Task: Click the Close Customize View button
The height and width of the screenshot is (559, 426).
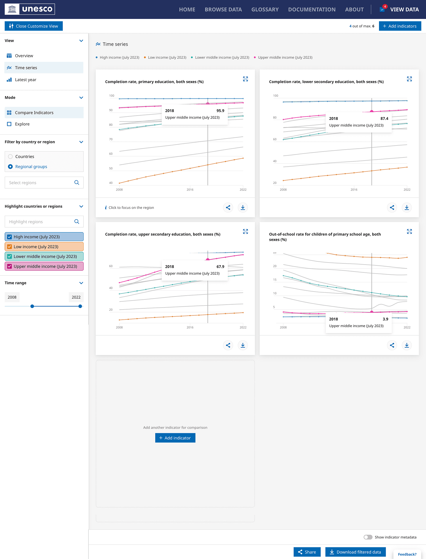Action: coord(34,26)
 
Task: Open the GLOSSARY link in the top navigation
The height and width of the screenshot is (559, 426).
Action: coord(265,10)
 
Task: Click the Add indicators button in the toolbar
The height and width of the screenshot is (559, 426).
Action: coord(400,26)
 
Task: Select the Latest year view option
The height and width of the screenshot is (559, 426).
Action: coord(26,80)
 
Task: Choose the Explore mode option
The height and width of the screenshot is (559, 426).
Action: coord(22,124)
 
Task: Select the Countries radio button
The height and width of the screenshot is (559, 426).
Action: coord(10,157)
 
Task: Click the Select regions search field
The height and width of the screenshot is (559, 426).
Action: coord(41,183)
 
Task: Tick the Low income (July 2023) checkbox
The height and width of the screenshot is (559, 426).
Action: coord(10,247)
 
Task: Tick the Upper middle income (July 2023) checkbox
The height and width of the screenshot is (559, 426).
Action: coord(10,266)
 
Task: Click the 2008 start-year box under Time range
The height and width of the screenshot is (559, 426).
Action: coord(12,297)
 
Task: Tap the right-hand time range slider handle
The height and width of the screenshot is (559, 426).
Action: coord(80,306)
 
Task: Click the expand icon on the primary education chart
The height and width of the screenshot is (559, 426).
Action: coord(246,79)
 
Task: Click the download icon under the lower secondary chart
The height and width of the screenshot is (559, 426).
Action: coord(407,207)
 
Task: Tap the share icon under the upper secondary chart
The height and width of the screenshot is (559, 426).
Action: coord(228,345)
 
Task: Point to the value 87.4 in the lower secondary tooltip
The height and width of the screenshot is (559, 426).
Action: coord(384,118)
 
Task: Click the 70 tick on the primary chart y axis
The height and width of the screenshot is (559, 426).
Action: coord(111,139)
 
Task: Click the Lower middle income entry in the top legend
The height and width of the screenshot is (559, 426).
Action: coord(222,57)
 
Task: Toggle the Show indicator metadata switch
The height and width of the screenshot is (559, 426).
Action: coord(368,537)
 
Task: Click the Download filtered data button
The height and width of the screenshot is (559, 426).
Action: coord(355,552)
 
